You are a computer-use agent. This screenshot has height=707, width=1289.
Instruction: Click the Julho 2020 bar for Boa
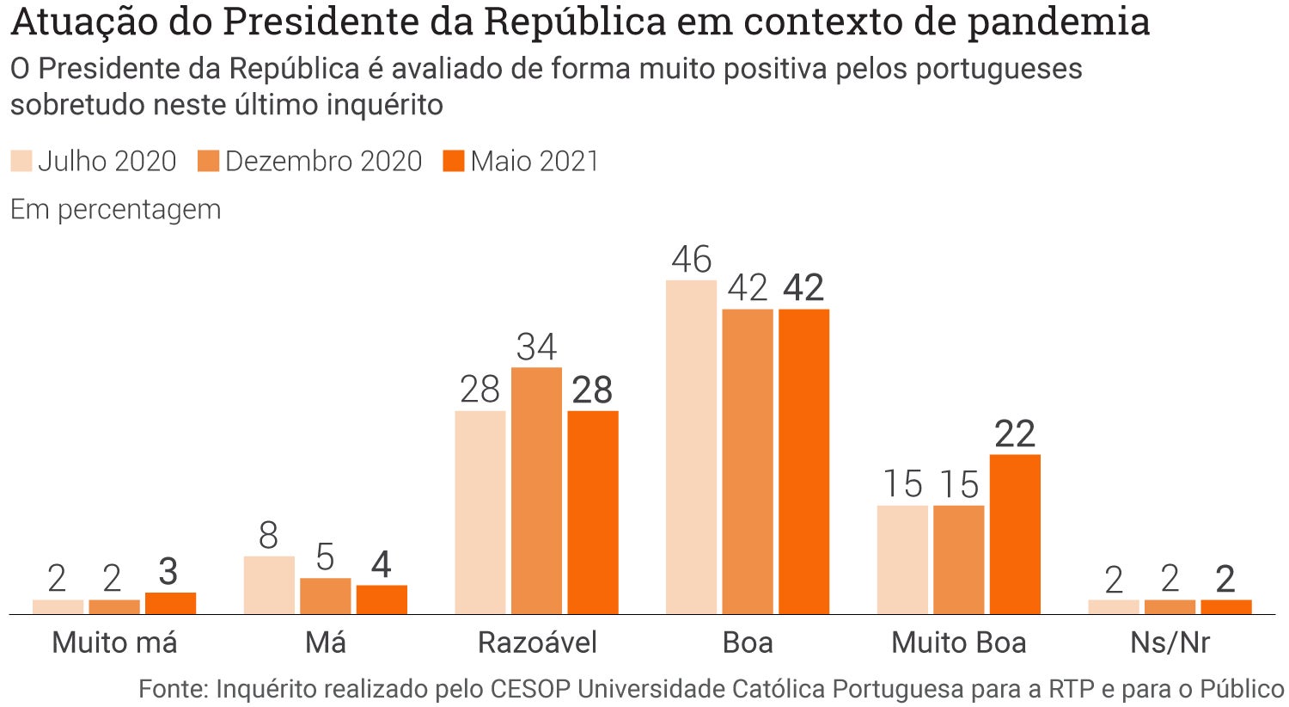coord(691,447)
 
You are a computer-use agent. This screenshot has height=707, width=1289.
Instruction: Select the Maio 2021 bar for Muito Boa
coord(1015,534)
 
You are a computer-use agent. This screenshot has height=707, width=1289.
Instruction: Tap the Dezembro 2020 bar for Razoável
coord(536,490)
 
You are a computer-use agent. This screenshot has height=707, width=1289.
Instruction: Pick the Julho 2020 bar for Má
coord(269,585)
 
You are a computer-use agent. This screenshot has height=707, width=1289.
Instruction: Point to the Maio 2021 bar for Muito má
coord(170,603)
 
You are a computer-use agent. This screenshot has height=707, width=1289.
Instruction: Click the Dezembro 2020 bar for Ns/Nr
coord(1170,606)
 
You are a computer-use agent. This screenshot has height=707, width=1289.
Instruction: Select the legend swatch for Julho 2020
coord(21,161)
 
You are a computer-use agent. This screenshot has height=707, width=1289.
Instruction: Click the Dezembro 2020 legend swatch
coord(209,161)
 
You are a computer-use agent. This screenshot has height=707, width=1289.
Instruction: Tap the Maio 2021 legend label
coord(535,161)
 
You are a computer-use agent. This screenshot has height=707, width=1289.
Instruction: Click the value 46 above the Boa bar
coord(692,260)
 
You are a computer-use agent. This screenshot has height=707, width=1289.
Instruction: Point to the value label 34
coord(536,347)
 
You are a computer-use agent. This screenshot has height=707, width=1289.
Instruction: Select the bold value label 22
coord(1015,434)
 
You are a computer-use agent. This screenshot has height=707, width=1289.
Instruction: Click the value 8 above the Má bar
coord(269,536)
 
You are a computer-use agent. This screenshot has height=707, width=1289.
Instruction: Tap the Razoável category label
coord(537,642)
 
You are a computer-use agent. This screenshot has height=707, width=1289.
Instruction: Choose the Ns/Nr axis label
coord(1170,642)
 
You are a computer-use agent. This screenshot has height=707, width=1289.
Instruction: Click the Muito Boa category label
coord(959,642)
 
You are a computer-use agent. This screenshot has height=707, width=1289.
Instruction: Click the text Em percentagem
coord(115,209)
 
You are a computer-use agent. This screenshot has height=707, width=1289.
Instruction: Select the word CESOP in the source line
coord(530,689)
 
